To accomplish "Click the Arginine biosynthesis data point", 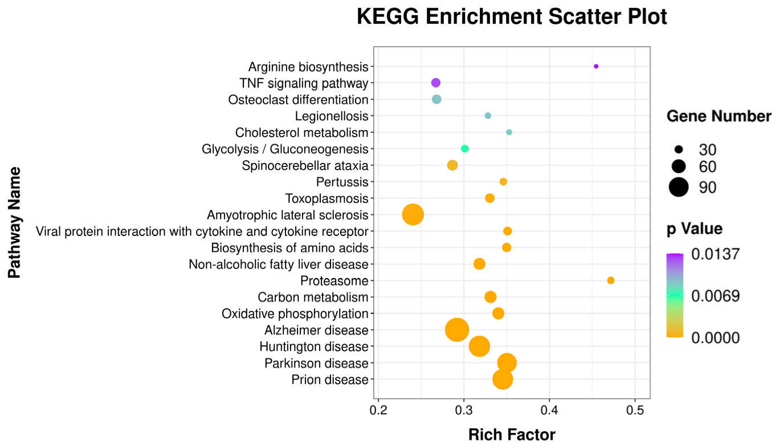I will coord(596,67).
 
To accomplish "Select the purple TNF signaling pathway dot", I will coord(436,83).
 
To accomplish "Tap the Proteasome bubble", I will coord(611,280).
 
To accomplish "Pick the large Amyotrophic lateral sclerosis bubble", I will coord(413,215).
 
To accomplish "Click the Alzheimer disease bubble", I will coord(456,330).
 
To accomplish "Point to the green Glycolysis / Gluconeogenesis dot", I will coord(464,149).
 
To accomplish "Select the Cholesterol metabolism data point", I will coord(509,132).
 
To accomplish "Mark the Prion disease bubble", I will coord(502,379).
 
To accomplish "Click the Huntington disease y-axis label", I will coord(313,346).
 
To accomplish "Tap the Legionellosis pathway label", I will coord(331,116).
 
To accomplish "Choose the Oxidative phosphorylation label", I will coord(295,313).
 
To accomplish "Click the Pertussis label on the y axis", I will coord(342,182).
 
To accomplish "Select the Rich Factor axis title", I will coord(511,435).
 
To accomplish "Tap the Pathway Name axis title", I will coord(15,223).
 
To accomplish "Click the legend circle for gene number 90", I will coord(679,187).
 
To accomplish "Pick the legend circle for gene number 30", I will coord(679,150).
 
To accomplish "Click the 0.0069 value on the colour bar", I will coord(715,296).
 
